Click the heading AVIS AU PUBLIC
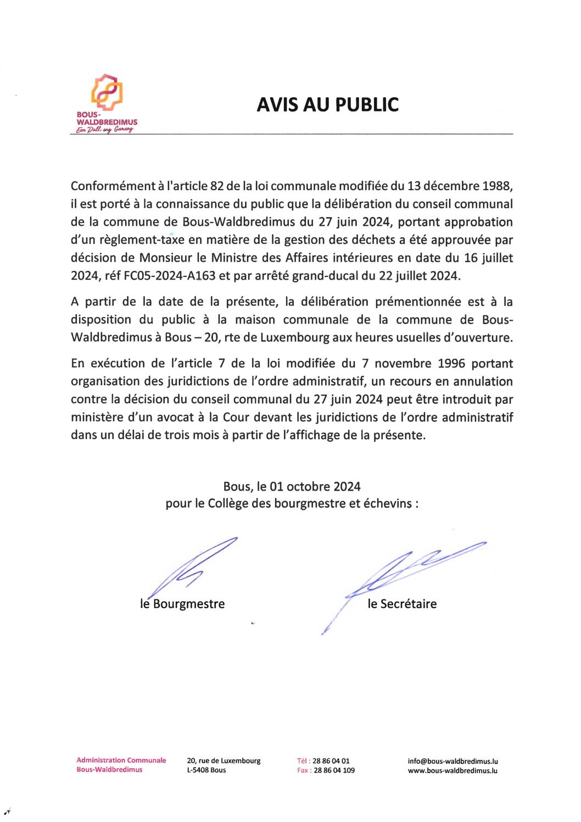click(x=327, y=104)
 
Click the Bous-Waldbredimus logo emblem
click(x=107, y=92)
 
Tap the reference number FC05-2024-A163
click(x=170, y=276)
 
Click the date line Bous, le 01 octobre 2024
click(x=292, y=486)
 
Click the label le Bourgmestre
click(x=182, y=604)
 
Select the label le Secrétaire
click(x=402, y=604)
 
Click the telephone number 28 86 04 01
click(x=331, y=761)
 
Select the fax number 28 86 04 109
click(x=333, y=770)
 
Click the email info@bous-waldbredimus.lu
click(x=452, y=761)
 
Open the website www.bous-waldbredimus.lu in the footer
click(x=452, y=770)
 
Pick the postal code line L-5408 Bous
click(x=206, y=770)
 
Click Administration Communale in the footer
click(x=121, y=760)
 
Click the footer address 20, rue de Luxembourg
click(x=224, y=761)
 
